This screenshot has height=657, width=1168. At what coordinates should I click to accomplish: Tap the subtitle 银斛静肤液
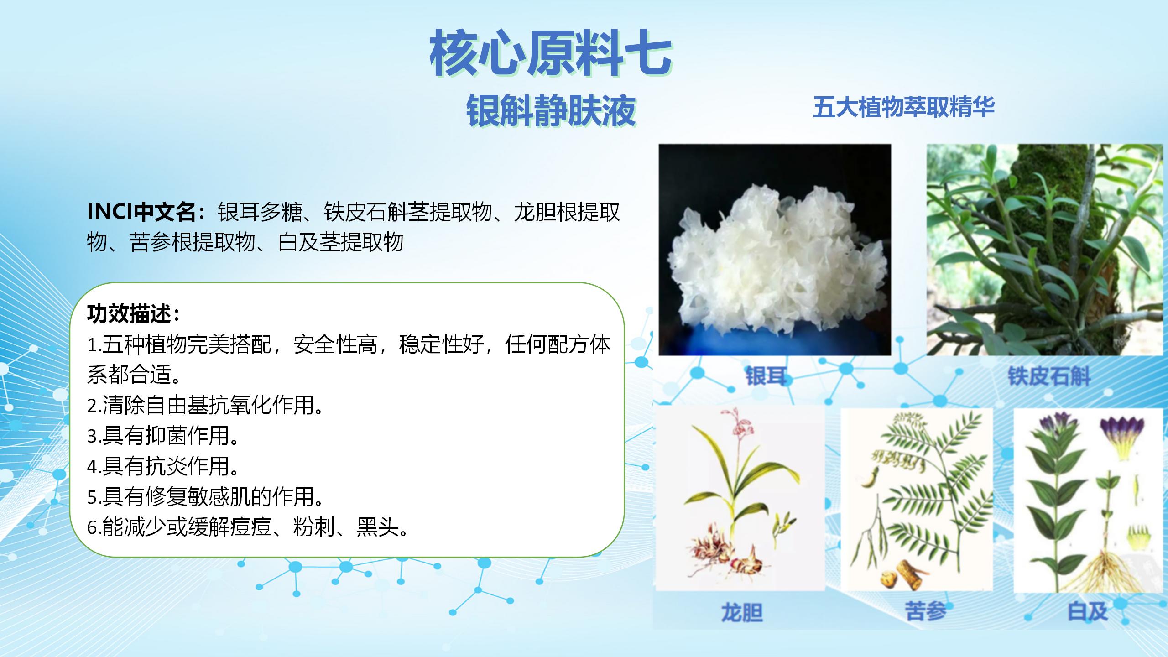(x=551, y=110)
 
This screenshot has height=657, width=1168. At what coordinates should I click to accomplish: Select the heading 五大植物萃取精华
(x=903, y=107)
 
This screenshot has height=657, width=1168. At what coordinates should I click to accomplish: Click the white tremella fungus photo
(x=775, y=250)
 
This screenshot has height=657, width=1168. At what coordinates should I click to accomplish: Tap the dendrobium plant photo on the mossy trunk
(x=1045, y=250)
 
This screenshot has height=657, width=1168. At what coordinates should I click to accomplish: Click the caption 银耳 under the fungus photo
(x=766, y=377)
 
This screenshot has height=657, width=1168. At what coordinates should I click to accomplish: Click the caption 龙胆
(x=742, y=612)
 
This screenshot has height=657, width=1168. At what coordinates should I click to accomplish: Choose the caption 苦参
(x=925, y=611)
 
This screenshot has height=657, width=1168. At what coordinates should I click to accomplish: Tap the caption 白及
(x=1088, y=611)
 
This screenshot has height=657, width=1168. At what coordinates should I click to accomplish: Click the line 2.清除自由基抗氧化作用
(x=205, y=405)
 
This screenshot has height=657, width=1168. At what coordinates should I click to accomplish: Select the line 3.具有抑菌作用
(x=163, y=436)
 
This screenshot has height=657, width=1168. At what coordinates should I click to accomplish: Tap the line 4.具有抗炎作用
(x=163, y=466)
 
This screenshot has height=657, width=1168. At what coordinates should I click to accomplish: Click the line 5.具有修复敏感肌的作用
(x=205, y=497)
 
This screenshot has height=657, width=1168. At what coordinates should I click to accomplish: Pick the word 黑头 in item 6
(x=378, y=527)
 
